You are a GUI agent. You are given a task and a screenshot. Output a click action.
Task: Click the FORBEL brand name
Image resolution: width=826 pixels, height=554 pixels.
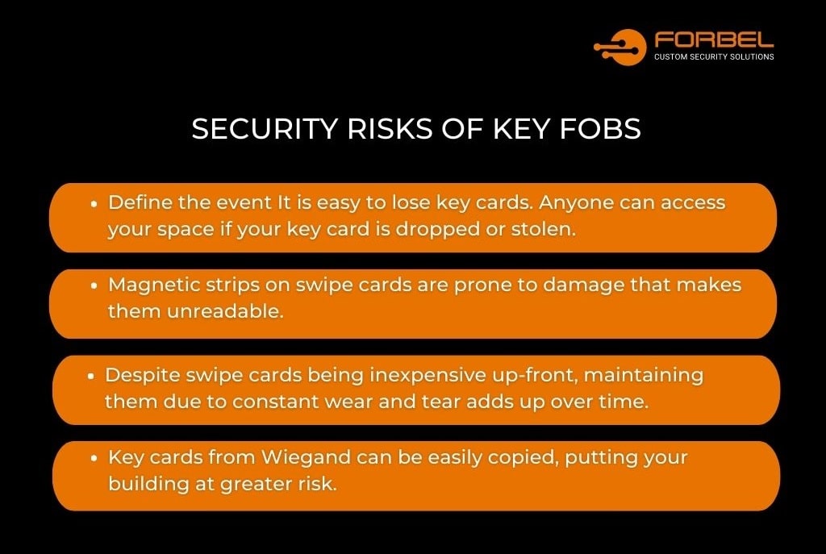[714, 40]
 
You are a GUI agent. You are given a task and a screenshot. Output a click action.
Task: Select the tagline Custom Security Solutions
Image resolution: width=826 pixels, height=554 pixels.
[714, 57]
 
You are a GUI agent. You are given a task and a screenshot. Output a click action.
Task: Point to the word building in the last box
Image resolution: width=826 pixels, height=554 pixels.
[144, 484]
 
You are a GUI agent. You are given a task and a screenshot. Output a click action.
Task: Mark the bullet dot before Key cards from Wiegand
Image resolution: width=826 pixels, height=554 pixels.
[95, 458]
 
